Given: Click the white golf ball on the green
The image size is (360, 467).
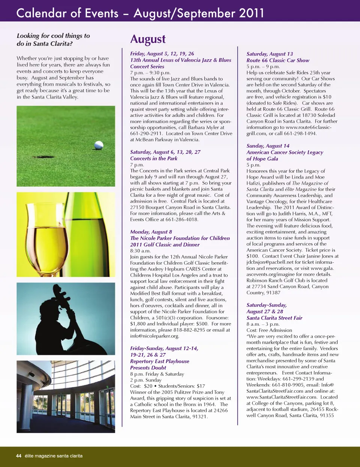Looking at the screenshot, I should pos(99,145).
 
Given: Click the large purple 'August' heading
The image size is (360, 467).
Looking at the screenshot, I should pos(148,39).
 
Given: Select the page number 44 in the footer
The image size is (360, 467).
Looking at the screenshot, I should pos(19,456).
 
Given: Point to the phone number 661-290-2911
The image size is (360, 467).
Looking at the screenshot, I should pos(146,133).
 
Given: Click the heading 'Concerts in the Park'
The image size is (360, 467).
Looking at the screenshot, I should pos(154,158).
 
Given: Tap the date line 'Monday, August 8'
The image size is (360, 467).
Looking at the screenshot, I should pos(151,232).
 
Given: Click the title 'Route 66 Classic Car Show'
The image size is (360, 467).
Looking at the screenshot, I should pos(278,60).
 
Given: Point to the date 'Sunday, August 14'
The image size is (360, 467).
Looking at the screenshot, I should pos(268,146).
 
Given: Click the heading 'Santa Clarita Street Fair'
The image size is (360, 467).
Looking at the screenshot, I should pos(274,318).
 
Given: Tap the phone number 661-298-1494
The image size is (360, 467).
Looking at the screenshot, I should pos(301,133).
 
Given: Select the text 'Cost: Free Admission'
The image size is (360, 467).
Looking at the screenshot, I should pos(269,330).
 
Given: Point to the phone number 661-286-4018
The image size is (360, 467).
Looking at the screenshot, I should pos(181,220).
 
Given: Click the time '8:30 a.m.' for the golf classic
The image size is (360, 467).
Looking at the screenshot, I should pos(140,251).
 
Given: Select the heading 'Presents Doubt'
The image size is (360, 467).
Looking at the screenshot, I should pos(148,368).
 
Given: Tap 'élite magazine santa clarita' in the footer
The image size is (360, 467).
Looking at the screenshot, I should pos(54,456).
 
